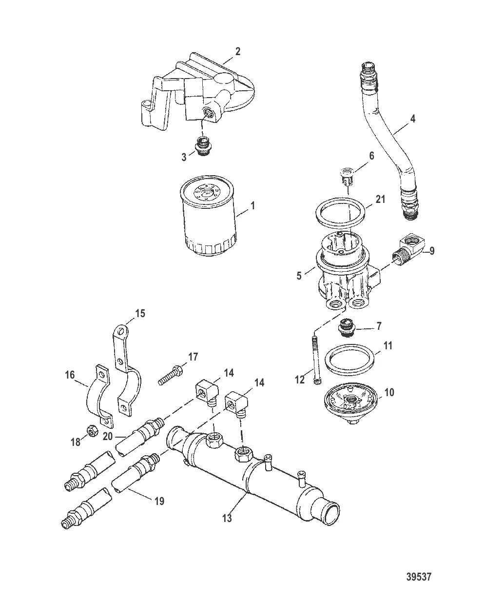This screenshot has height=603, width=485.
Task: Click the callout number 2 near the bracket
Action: [237, 51]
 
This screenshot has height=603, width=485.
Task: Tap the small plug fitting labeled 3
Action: [203, 146]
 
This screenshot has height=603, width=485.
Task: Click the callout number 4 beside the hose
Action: [412, 119]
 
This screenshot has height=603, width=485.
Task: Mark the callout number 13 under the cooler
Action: [227, 518]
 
